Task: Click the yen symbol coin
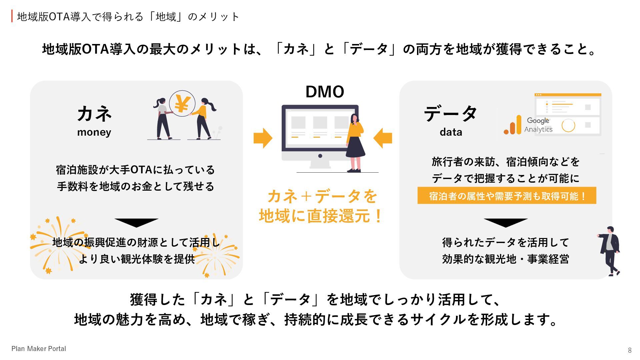(x=182, y=104)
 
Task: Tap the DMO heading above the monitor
(x=325, y=92)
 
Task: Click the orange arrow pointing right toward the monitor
(x=263, y=138)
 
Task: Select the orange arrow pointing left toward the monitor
(x=383, y=138)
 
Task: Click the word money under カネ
(x=94, y=132)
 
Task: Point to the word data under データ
(x=451, y=132)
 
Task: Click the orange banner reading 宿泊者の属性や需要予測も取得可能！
(x=507, y=196)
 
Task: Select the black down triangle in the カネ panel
(x=136, y=222)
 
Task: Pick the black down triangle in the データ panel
(x=506, y=222)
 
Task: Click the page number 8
(x=630, y=350)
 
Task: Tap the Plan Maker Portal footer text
(x=39, y=349)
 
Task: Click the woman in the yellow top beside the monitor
(x=355, y=142)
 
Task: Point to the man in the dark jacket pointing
(x=610, y=250)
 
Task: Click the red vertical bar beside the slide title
(x=12, y=16)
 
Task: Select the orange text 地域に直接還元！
(x=321, y=216)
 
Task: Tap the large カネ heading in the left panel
(x=95, y=114)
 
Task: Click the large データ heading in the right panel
(x=451, y=114)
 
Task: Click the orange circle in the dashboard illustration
(x=568, y=126)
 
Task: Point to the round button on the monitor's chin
(x=320, y=156)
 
